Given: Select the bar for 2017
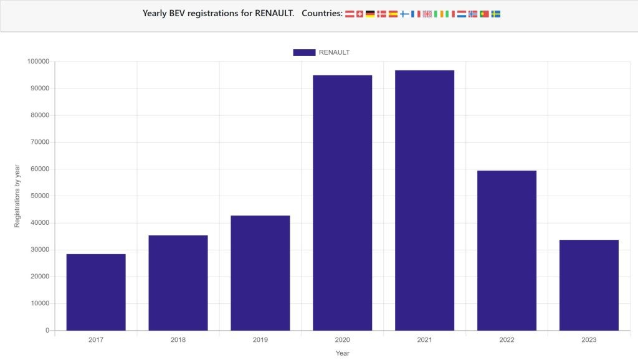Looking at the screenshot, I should [96, 292].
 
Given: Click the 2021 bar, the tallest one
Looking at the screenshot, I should [424, 200].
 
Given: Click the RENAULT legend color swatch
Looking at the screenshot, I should [304, 52].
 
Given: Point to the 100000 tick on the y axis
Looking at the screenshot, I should [38, 62].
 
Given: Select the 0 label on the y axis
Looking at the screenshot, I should [47, 331].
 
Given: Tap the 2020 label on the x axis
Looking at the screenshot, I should [342, 340].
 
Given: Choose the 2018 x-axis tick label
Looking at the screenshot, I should [178, 340].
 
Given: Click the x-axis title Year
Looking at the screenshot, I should [342, 353].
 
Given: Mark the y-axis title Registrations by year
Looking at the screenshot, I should [17, 196].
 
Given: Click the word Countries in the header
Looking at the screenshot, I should [321, 13].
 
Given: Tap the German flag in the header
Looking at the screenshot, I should [370, 14].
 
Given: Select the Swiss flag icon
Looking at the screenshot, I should [359, 14].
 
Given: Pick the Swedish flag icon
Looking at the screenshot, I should [496, 14].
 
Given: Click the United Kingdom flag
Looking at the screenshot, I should [427, 14].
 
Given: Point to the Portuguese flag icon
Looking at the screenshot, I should [484, 14].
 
